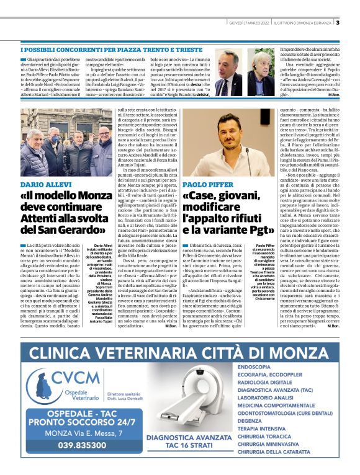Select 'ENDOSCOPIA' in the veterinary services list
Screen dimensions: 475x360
254,366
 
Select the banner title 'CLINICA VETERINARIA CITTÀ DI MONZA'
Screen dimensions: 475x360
180,352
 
